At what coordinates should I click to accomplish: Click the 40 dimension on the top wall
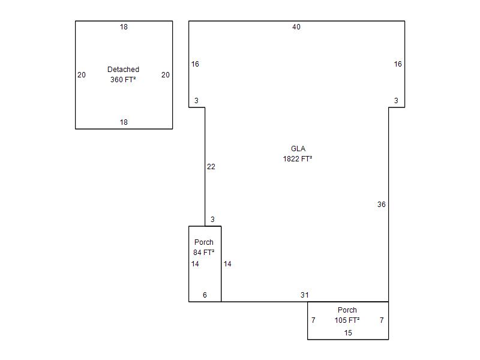tap(296, 27)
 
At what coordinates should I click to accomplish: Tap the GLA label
tap(298, 149)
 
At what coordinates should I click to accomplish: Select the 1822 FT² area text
tap(298, 159)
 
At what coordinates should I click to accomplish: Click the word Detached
tap(123, 70)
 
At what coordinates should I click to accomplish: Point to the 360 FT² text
tap(123, 80)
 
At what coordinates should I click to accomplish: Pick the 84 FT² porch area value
tap(204, 253)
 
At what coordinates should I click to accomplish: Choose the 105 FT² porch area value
tap(347, 320)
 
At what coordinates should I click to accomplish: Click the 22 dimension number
tap(211, 167)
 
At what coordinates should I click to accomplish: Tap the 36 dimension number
tap(382, 205)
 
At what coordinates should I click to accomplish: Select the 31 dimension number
tap(305, 295)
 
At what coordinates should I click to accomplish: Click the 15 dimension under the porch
tap(349, 333)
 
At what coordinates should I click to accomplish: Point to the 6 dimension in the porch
tap(205, 295)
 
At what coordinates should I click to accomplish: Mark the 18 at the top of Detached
tap(124, 27)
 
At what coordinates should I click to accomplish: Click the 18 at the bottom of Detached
tap(124, 122)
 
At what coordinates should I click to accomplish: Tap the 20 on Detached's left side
tap(82, 75)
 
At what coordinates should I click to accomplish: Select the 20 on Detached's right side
tap(166, 75)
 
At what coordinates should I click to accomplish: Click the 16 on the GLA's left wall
tap(196, 64)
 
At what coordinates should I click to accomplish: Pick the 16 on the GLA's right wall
tap(398, 64)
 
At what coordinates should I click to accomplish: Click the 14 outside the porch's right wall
tap(227, 264)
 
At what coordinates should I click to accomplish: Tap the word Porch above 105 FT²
tap(347, 310)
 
